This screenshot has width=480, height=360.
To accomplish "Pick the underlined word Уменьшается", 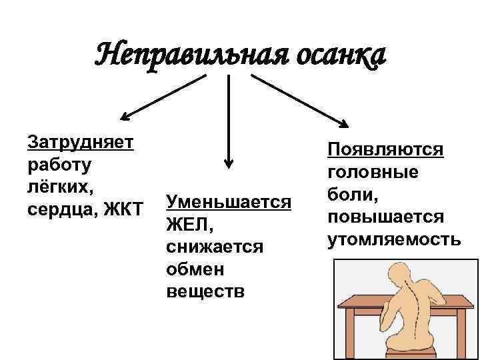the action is tap(229, 201).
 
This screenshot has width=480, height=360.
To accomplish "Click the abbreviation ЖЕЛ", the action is tap(187, 224).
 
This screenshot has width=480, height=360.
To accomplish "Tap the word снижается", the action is tap(215, 247).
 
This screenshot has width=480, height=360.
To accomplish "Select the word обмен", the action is tap(195, 269).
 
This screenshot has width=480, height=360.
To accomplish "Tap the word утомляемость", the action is tap(394, 240).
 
